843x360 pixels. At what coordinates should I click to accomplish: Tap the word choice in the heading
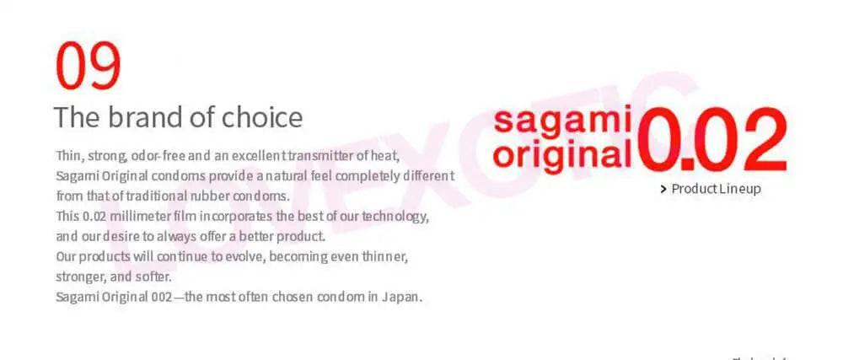tap(262, 117)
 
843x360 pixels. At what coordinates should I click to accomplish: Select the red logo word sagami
tap(562, 121)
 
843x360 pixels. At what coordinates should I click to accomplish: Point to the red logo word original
tap(562, 153)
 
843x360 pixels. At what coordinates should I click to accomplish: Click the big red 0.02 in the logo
tap(713, 138)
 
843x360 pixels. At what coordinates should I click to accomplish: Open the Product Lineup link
tap(716, 189)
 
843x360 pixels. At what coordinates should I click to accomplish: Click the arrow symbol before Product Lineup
tap(664, 189)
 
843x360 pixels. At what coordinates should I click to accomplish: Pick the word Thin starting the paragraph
tap(68, 157)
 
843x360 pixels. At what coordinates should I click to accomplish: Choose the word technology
tap(396, 216)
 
